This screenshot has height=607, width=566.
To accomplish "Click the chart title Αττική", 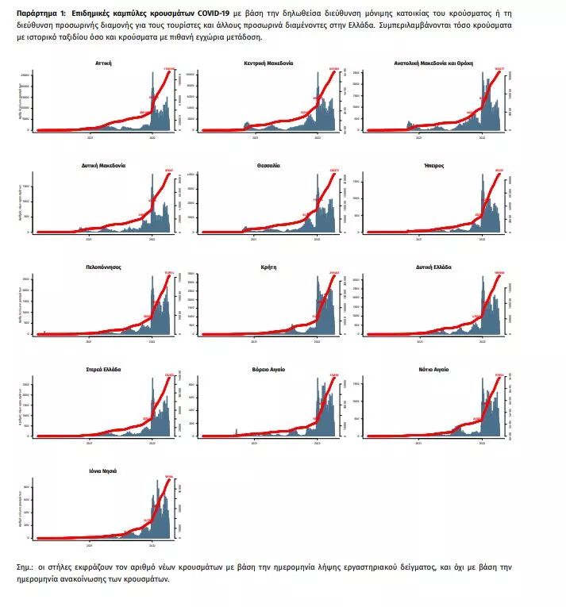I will click(103, 63).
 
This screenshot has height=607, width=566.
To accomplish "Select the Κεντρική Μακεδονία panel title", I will click(269, 63).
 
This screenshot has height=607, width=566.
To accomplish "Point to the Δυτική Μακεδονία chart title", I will click(103, 166).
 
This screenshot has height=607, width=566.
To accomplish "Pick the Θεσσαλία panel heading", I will click(268, 166).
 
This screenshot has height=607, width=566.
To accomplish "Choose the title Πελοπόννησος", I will click(103, 268).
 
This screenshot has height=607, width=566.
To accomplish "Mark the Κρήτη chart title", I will click(268, 268).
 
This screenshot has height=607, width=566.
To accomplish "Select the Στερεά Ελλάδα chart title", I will click(103, 370).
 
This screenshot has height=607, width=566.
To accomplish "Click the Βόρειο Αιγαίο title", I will click(268, 370).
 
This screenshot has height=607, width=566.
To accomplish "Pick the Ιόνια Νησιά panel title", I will click(103, 471).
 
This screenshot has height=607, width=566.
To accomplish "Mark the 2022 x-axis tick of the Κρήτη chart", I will click(318, 340).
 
